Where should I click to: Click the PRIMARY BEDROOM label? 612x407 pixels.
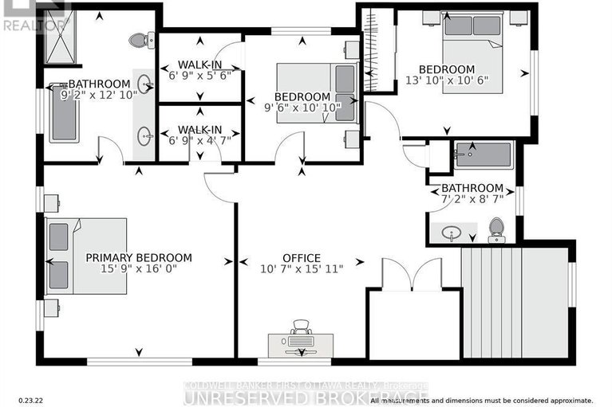click(139, 257)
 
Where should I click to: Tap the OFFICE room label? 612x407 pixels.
click(302, 258)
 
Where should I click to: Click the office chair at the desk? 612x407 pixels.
click(301, 327)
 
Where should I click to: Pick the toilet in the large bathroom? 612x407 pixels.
click(142, 39)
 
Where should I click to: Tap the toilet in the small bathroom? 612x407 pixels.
click(496, 229)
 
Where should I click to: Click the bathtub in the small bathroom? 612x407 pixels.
click(485, 154)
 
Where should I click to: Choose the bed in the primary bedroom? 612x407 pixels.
click(86, 256)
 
